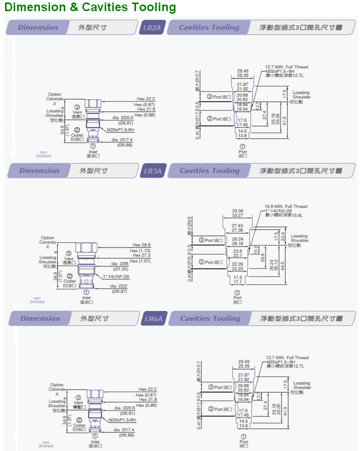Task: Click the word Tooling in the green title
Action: pyautogui.click(x=151, y=7)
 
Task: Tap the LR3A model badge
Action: pyautogui.click(x=153, y=171)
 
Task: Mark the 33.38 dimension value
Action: pyautogui.click(x=238, y=211)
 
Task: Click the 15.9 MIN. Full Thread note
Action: pyautogui.click(x=286, y=207)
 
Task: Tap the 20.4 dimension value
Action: pyautogui.click(x=283, y=236)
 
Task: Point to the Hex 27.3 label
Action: pyautogui.click(x=145, y=256)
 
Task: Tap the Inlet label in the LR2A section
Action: pyautogui.click(x=93, y=151)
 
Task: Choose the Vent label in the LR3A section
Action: pyautogui.click(x=69, y=259)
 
